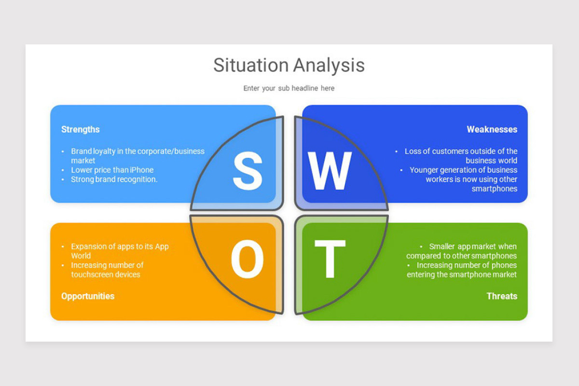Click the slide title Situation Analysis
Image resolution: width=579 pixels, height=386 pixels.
click(289, 65)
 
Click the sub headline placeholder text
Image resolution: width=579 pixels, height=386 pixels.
click(289, 88)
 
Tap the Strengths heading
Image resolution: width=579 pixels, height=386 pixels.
click(81, 129)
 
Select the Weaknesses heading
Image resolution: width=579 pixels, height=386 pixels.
click(492, 129)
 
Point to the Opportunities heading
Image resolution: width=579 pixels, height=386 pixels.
click(88, 296)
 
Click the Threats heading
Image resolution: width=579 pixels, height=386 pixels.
click(502, 296)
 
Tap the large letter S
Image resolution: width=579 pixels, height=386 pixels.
click(248, 172)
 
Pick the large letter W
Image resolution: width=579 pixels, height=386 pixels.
click(330, 172)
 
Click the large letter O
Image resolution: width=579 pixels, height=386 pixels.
click(247, 260)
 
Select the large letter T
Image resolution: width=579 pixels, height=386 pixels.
click(330, 260)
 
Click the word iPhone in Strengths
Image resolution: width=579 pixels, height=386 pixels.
click(141, 170)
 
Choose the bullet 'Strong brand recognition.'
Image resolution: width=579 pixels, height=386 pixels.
click(114, 179)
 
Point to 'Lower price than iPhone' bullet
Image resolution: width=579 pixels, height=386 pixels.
click(112, 170)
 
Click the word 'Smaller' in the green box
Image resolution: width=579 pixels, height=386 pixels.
click(443, 246)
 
